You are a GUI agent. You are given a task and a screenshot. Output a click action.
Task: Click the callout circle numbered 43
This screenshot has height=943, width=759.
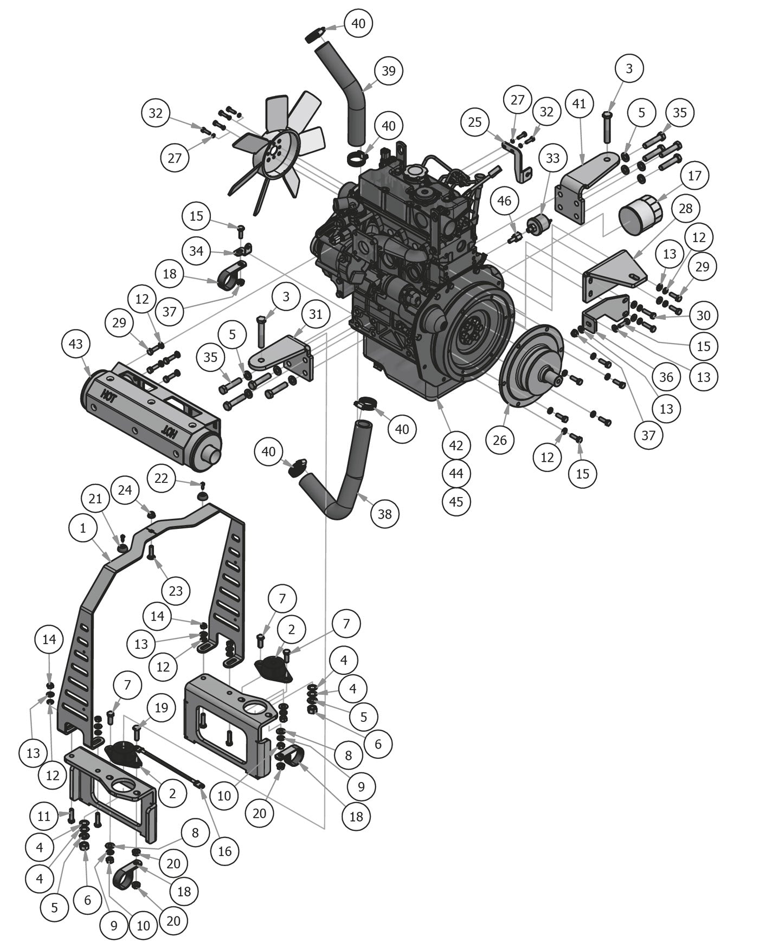coord(76,344)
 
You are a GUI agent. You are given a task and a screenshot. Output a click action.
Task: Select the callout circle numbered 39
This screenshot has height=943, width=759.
coord(388,71)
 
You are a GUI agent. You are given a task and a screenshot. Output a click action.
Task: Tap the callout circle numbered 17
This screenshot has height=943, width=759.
coord(694,176)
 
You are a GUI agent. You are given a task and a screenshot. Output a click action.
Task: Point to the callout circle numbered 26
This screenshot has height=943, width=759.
coord(499,440)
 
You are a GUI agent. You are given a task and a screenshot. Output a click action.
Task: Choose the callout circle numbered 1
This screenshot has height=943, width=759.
coord(83,527)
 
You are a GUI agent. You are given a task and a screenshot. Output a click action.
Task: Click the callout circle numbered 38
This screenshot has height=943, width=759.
coord(384,513)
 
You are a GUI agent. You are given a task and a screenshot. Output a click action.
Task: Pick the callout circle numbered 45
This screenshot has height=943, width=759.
coord(456,501)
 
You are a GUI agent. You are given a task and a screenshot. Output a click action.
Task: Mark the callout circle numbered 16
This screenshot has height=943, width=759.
coord(225,851)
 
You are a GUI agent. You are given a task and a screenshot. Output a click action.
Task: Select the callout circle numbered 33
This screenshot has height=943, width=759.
coord(552,158)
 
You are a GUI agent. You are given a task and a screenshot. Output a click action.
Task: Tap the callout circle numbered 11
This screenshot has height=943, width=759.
coord(44,816)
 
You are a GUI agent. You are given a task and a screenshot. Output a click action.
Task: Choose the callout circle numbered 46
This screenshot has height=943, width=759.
coord(504,201)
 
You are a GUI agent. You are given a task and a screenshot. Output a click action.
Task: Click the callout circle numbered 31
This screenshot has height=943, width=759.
coord(316,314)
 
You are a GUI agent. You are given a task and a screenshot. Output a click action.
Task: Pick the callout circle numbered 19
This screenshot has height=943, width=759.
coord(161,708)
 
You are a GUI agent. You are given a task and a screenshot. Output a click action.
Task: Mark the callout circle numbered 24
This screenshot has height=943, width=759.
coord(125,490)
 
